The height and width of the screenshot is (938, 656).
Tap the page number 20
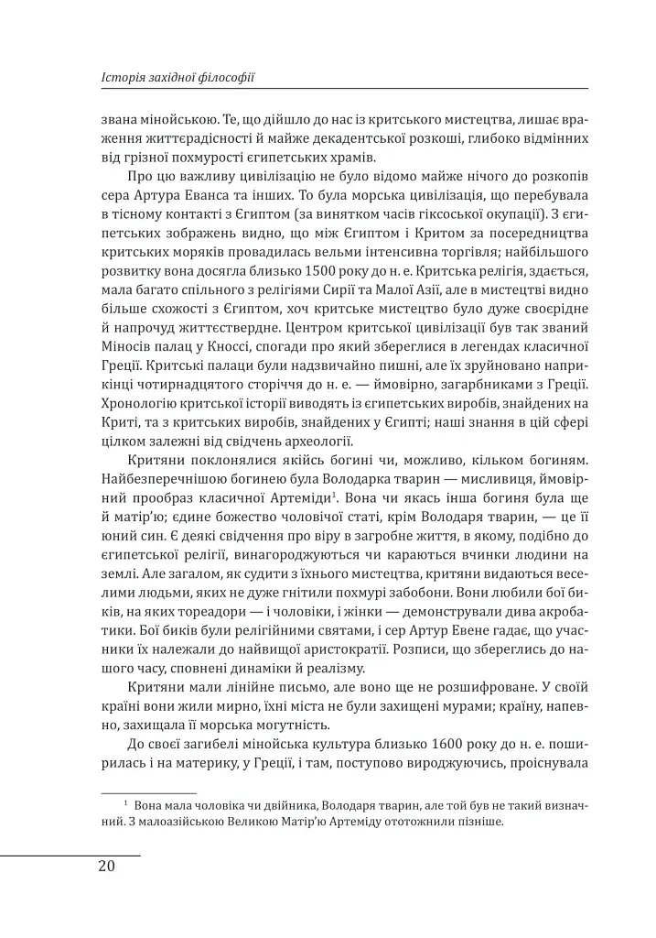pos(107,867)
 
